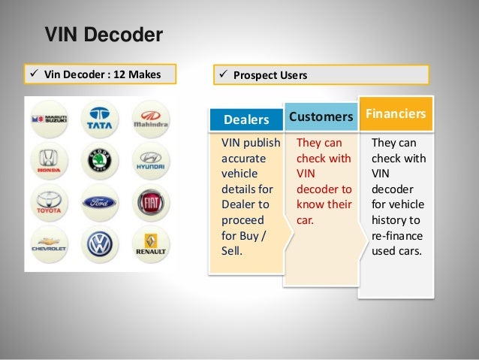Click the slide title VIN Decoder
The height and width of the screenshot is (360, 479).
[x=104, y=35]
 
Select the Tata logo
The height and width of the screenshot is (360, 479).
[x=99, y=118]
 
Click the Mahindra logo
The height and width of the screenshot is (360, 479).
[x=149, y=118]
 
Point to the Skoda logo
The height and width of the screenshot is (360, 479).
[x=99, y=160]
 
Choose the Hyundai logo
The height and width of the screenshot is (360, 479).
[x=149, y=160]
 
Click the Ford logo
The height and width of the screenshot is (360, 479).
[x=99, y=202]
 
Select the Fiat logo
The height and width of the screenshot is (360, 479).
[x=149, y=202]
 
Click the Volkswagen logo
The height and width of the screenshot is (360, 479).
[x=99, y=245]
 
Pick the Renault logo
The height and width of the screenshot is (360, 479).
[x=149, y=245]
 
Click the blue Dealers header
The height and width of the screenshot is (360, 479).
[x=246, y=119]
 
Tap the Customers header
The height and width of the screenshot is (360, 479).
[x=321, y=116]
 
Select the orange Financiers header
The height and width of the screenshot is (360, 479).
[x=396, y=113]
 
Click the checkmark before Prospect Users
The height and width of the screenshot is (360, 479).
[x=222, y=75]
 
